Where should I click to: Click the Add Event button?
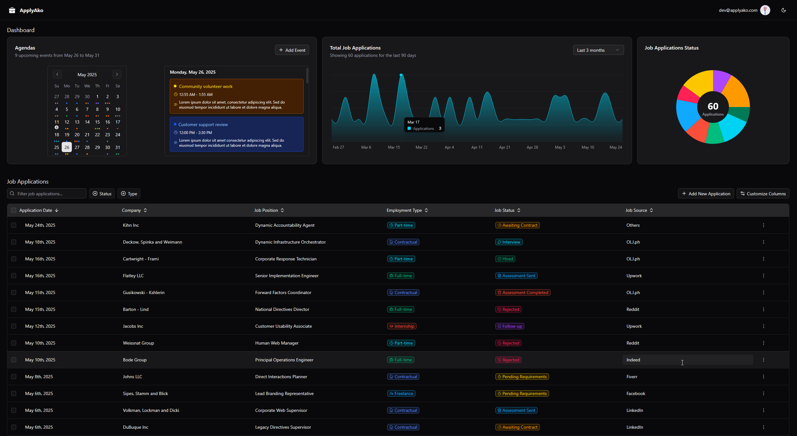tap(292, 50)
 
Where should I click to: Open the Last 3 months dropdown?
tap(598, 50)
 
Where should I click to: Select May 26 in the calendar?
tap(67, 147)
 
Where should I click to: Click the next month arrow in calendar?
tap(117, 74)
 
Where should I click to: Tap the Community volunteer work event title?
tap(205, 86)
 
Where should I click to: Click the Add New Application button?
tap(706, 194)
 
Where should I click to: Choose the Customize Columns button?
tap(763, 194)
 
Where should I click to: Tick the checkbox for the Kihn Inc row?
tap(14, 225)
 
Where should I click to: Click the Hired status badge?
tap(505, 259)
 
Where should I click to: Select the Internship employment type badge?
tap(402, 326)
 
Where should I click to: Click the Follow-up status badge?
tap(510, 326)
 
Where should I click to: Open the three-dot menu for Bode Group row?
tap(763, 360)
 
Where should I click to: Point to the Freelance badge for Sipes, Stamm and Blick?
tap(401, 393)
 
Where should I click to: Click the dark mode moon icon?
tap(783, 10)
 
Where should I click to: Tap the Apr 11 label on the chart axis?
tap(477, 147)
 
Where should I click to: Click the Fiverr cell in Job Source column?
tap(632, 377)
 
